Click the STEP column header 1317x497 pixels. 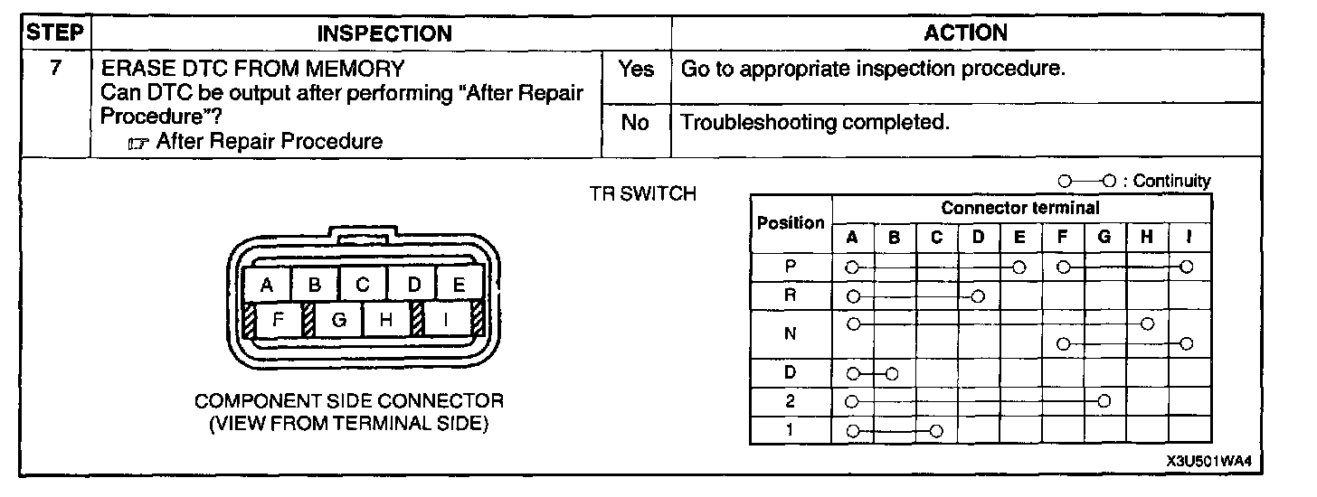(x=55, y=33)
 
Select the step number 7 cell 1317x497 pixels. (x=55, y=69)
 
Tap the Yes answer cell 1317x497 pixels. (x=636, y=70)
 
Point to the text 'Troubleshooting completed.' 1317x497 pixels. (x=815, y=123)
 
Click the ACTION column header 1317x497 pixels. (x=965, y=33)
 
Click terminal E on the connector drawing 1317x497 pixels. (x=459, y=286)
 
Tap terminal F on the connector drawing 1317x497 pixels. (x=280, y=319)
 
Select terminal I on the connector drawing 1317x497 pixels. (x=445, y=319)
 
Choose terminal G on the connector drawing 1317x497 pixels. (x=338, y=319)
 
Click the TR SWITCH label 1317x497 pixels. (x=641, y=194)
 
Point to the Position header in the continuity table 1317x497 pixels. (x=791, y=222)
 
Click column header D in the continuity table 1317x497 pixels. (x=978, y=238)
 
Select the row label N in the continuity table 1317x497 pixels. (x=790, y=333)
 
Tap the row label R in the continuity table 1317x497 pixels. (x=790, y=295)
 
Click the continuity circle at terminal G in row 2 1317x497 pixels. (x=1104, y=400)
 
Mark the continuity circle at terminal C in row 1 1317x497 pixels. (x=936, y=430)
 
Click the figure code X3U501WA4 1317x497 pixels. (x=1208, y=461)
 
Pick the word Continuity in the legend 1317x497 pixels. (x=1171, y=181)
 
